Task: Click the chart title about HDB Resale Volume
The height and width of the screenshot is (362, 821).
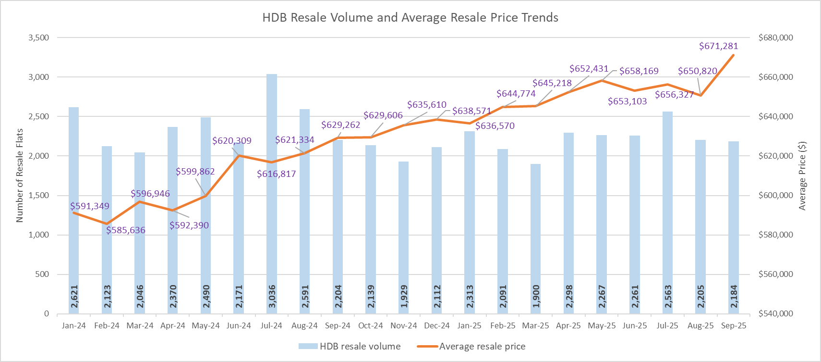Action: click(410, 18)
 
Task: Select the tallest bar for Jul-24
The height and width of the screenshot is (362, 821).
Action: click(272, 192)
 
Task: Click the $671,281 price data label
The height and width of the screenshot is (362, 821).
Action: click(718, 46)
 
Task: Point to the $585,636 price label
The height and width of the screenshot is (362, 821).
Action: click(126, 230)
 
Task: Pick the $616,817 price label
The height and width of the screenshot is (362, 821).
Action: click(276, 174)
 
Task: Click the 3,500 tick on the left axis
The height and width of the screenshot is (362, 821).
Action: click(39, 37)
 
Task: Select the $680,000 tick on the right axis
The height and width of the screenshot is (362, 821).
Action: click(775, 37)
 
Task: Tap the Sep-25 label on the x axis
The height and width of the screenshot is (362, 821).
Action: click(734, 325)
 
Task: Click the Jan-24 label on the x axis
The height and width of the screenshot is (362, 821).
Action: click(74, 325)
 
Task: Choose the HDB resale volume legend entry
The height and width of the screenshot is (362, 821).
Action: click(350, 347)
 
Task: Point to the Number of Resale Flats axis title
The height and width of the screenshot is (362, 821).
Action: click(20, 175)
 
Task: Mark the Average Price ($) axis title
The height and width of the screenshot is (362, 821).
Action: click(802, 175)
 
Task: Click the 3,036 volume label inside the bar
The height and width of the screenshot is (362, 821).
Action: click(272, 297)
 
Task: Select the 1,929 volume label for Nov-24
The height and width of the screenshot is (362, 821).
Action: click(404, 297)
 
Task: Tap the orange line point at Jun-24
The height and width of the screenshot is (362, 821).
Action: click(239, 155)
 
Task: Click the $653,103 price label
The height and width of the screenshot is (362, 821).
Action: click(627, 101)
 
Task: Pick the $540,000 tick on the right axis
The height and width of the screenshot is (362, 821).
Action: click(775, 313)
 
